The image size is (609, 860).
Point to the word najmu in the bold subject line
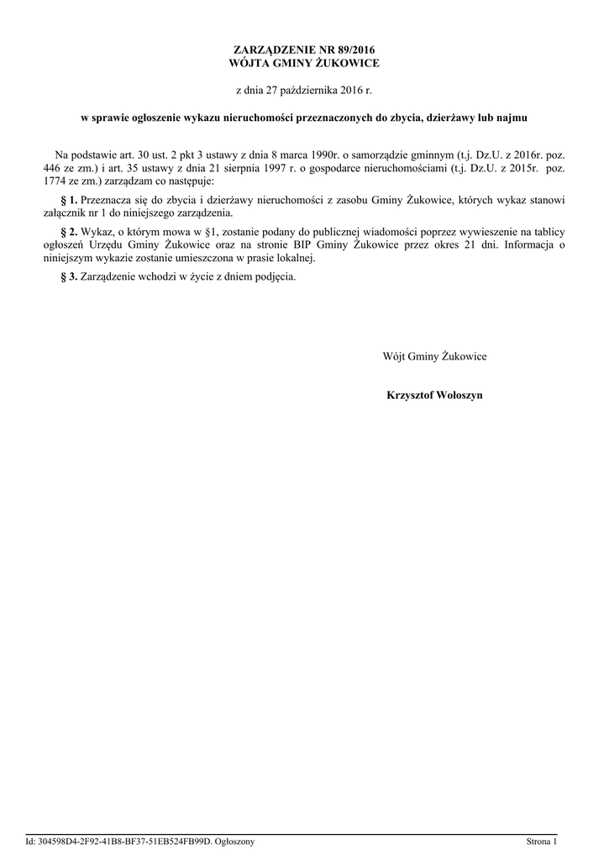click(x=511, y=118)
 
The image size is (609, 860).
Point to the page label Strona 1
click(x=541, y=841)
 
